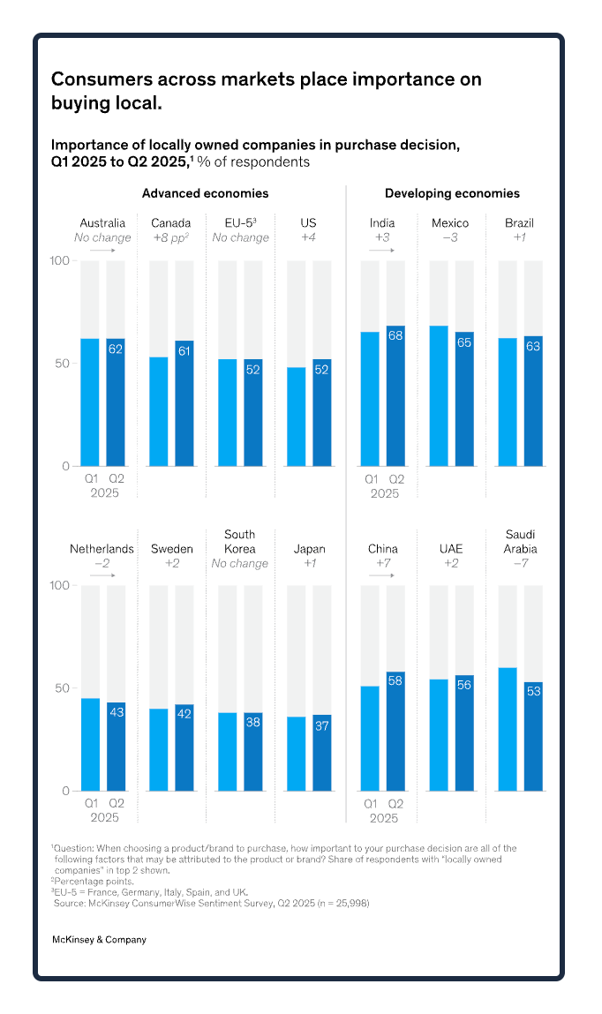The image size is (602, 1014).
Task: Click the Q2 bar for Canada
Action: point(184,403)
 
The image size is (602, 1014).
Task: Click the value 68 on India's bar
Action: point(395,335)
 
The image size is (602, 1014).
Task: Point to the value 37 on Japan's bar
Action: point(322,725)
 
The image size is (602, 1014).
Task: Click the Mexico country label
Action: point(450,223)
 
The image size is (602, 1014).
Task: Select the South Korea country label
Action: point(240,541)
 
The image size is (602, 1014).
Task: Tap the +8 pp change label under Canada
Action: point(171,237)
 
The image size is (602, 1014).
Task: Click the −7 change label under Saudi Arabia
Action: point(521,563)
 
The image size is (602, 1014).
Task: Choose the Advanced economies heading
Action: point(206,193)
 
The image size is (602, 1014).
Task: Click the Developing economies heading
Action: point(452,193)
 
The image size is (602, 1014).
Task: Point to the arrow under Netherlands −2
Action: point(102,575)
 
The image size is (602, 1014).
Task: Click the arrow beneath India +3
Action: point(382,251)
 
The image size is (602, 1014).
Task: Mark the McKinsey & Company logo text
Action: point(99,940)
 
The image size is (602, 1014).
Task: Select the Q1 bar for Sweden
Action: point(159,749)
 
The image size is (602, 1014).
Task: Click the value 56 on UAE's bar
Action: point(464,683)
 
